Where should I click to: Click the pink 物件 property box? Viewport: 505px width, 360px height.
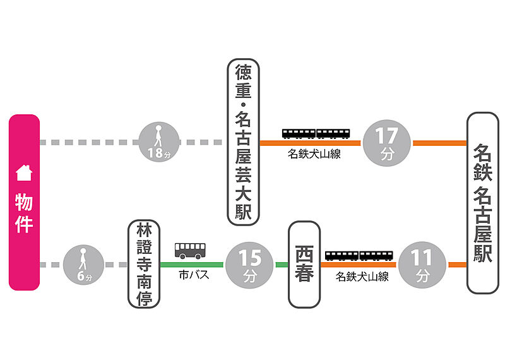coord(24,202)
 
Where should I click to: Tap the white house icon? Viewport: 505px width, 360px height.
coord(24,172)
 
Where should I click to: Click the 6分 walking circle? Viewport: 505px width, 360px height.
coord(81,264)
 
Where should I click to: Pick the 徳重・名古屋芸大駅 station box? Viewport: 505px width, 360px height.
coord(243,142)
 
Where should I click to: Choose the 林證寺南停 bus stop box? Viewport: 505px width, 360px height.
coord(144,264)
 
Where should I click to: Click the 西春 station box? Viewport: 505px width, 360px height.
coord(304,264)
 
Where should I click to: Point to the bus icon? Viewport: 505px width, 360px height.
coord(190,250)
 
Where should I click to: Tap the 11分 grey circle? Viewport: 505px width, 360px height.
coord(422,264)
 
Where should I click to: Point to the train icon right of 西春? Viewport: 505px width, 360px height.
coord(359,255)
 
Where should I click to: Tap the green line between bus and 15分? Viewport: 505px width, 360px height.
coord(215,264)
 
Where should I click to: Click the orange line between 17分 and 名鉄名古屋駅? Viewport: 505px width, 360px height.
coord(439,143)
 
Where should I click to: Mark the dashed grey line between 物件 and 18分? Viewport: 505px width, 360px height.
coord(88,143)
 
